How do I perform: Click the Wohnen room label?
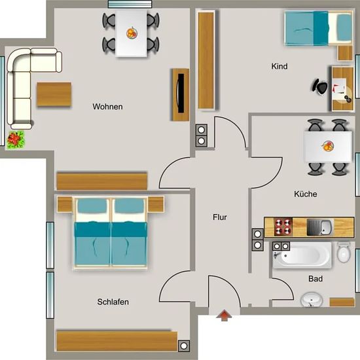tap(107, 107)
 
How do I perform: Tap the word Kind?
tap(279, 66)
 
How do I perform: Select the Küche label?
tap(306, 194)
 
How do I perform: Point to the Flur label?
tap(220, 217)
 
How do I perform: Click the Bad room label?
tap(315, 279)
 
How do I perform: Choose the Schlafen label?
tap(113, 302)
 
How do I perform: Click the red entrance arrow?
tap(224, 315)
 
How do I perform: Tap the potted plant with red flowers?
tap(16, 139)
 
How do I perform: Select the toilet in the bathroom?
tap(344, 252)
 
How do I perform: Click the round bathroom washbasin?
tap(312, 299)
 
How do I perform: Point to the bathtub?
tap(302, 255)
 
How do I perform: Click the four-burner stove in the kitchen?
tap(283, 227)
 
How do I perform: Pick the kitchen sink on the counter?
tap(319, 227)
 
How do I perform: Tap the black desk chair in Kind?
tap(319, 86)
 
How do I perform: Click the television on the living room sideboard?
tap(180, 93)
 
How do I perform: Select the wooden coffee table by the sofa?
tap(54, 94)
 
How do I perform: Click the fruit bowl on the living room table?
tap(132, 33)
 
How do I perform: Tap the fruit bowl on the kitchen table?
tap(327, 146)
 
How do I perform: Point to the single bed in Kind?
tap(319, 28)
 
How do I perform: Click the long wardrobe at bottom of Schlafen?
tap(117, 341)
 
